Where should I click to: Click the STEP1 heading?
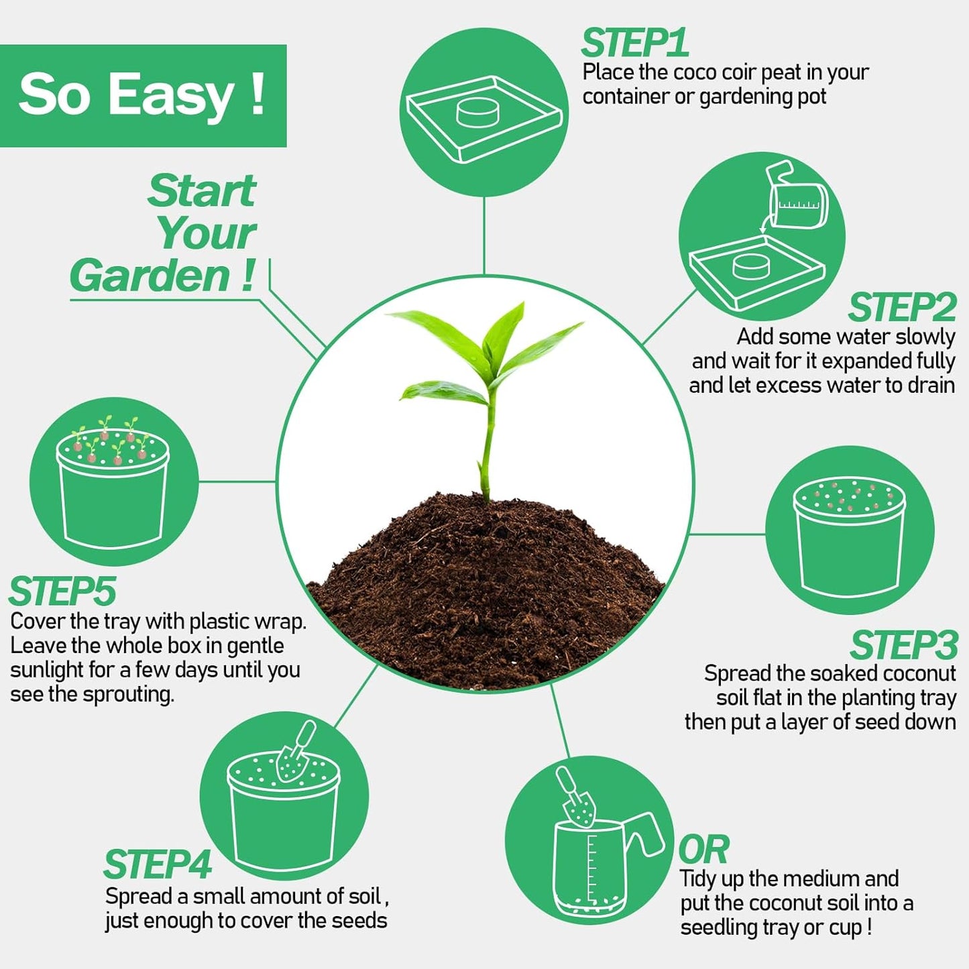634,44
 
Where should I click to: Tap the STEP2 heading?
902,308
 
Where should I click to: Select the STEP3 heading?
904,646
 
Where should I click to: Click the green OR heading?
703,850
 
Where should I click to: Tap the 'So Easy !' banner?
142,95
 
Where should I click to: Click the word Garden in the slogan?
150,276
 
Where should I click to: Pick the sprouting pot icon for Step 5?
113,483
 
